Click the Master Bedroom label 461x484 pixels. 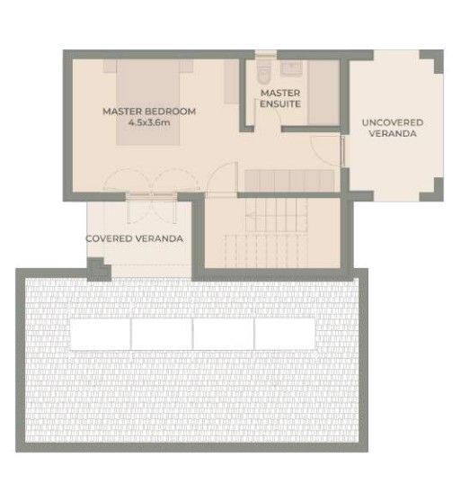[149, 112]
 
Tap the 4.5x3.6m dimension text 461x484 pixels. [149, 123]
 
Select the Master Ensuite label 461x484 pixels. [280, 98]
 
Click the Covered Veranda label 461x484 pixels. [135, 238]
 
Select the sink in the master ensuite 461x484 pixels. [293, 67]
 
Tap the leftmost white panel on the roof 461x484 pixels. [102, 335]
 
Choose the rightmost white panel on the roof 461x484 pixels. [285, 335]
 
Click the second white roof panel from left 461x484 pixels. [163, 335]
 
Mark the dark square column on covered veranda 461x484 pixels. [97, 268]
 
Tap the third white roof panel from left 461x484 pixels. [224, 335]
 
